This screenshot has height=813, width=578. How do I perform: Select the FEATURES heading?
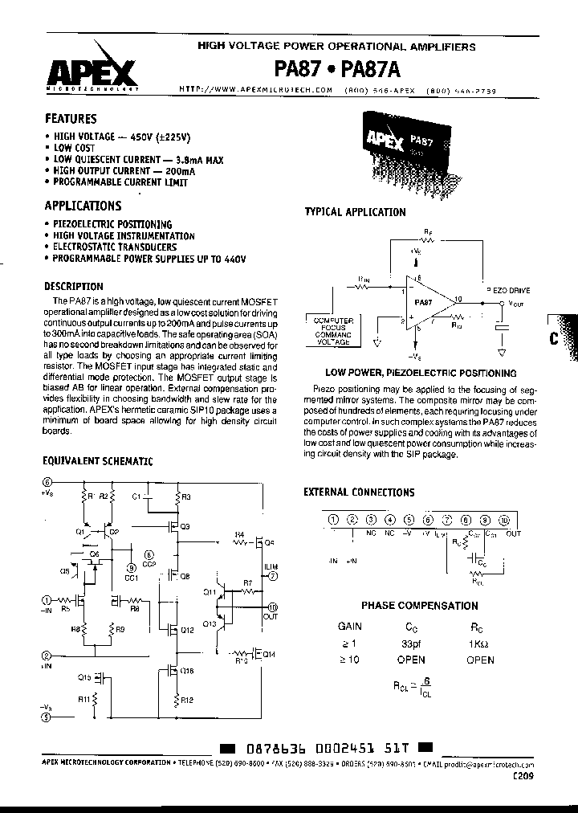click(71, 118)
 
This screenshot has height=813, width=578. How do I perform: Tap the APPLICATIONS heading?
click(83, 206)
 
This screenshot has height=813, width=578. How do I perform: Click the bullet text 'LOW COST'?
click(74, 149)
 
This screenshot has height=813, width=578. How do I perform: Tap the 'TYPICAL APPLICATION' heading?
click(355, 212)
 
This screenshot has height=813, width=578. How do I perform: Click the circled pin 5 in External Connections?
click(409, 519)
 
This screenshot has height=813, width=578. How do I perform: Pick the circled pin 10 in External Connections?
click(505, 519)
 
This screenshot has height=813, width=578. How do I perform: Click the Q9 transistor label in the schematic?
click(185, 527)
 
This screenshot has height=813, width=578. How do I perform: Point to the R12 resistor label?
click(186, 700)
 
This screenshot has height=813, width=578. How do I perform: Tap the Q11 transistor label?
click(210, 592)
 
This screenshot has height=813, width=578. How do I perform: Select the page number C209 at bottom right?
click(520, 776)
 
